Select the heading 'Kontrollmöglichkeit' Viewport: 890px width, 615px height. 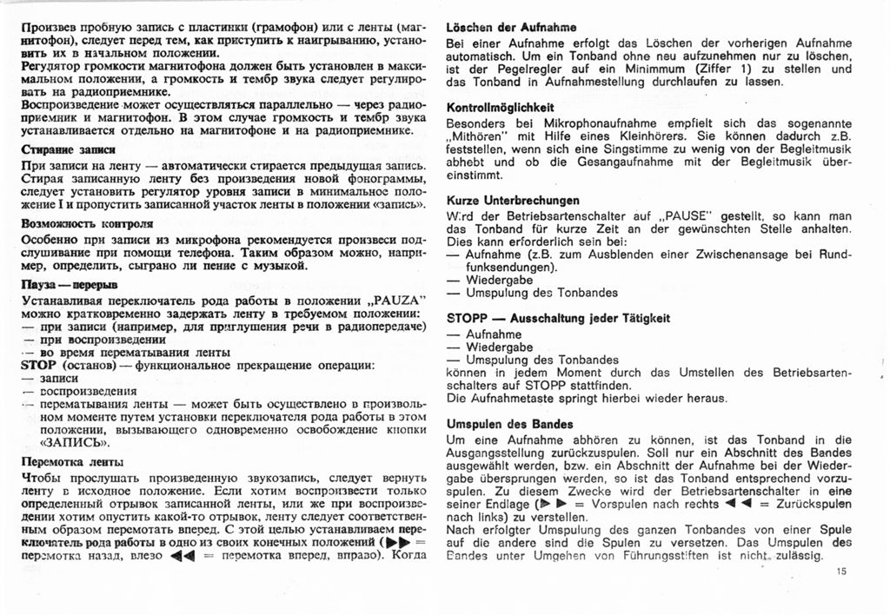coord(500,108)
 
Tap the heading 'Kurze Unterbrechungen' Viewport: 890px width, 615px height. coord(512,200)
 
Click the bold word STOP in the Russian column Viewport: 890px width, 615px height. coord(37,365)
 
